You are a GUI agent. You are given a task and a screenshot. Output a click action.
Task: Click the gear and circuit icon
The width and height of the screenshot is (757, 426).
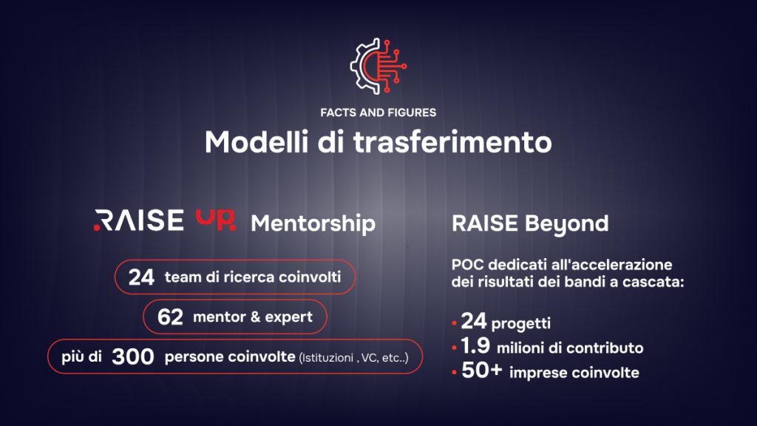(378, 66)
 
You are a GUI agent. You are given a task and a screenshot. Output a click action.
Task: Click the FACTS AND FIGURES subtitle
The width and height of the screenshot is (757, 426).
(378, 112)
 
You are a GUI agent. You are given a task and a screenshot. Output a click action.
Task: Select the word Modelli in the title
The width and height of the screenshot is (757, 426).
(257, 142)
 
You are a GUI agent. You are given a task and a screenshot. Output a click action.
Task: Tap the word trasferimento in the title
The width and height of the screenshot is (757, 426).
(452, 142)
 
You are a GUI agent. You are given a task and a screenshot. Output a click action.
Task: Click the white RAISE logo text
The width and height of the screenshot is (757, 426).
(138, 220)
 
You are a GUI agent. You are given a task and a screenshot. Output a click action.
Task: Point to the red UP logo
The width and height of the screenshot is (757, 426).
(216, 220)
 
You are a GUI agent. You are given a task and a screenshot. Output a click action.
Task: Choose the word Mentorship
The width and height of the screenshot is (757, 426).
(313, 223)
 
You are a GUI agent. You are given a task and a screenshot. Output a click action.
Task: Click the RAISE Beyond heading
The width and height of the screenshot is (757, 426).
(530, 223)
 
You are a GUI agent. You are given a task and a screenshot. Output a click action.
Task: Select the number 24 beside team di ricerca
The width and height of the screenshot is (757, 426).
(141, 277)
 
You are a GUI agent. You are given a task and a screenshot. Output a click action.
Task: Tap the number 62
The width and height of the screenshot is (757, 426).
(170, 317)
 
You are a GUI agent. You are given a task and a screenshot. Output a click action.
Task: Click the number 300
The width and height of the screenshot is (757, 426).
(133, 357)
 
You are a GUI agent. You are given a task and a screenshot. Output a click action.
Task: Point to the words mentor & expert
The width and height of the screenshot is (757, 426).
(253, 317)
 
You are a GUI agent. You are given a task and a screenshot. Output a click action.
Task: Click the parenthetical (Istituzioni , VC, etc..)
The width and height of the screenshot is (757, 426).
(354, 358)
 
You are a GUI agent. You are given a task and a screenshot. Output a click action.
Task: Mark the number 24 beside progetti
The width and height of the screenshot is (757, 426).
(474, 321)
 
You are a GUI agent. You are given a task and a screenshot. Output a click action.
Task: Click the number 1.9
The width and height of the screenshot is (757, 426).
(475, 346)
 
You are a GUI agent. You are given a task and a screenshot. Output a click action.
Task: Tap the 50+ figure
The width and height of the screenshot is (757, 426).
(482, 371)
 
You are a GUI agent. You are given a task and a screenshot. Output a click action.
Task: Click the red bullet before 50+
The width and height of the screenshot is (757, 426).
(455, 373)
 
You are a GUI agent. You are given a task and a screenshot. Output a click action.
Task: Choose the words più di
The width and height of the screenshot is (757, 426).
(81, 357)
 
